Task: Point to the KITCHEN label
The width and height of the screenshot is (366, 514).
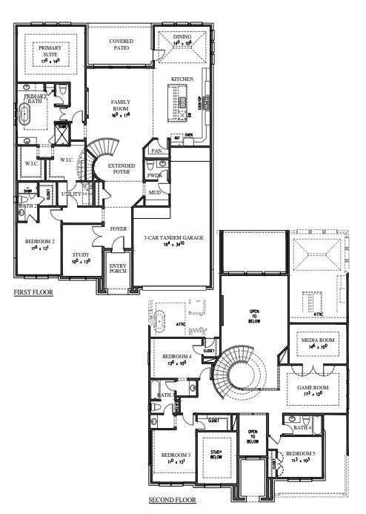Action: [x=182, y=79]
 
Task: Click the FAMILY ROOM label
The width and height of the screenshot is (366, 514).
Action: [x=120, y=105]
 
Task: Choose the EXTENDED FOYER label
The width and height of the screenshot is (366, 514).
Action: [x=119, y=168]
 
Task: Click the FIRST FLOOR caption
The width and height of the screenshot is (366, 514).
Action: [x=33, y=294]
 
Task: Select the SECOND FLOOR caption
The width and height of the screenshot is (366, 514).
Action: [x=172, y=500]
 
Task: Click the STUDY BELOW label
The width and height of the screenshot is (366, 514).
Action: [x=216, y=455]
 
